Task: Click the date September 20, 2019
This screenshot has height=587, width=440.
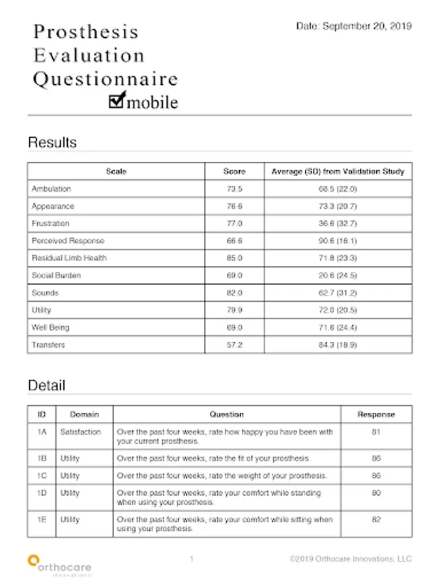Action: pos(354,27)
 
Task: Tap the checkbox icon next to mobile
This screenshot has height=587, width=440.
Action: pos(117,99)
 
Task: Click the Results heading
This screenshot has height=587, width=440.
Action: pos(52,142)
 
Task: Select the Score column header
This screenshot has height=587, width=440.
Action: pos(234,172)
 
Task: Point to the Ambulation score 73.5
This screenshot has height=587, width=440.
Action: pos(234,189)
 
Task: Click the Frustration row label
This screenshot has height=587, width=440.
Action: pos(51,224)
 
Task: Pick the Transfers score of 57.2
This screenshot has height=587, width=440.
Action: pos(234,344)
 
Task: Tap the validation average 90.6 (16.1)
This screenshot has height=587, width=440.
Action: pos(338,241)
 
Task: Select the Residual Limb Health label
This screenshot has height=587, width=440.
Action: pos(69,258)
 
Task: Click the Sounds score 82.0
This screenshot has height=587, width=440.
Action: pos(234,293)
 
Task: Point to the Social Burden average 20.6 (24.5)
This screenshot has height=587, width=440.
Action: pos(338,275)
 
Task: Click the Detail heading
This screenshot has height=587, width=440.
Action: pos(46,385)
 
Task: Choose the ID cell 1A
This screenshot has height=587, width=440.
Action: pos(42,432)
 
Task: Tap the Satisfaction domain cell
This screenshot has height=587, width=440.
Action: pos(81,432)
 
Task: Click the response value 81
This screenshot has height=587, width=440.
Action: pos(376,432)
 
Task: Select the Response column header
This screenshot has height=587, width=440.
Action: pos(376,414)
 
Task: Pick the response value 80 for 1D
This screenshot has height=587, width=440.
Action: pos(376,494)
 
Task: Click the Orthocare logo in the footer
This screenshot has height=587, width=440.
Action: pos(60,564)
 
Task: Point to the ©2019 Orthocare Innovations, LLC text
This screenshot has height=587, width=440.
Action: pos(351,559)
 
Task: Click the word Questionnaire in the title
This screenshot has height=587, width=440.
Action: pos(106,80)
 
